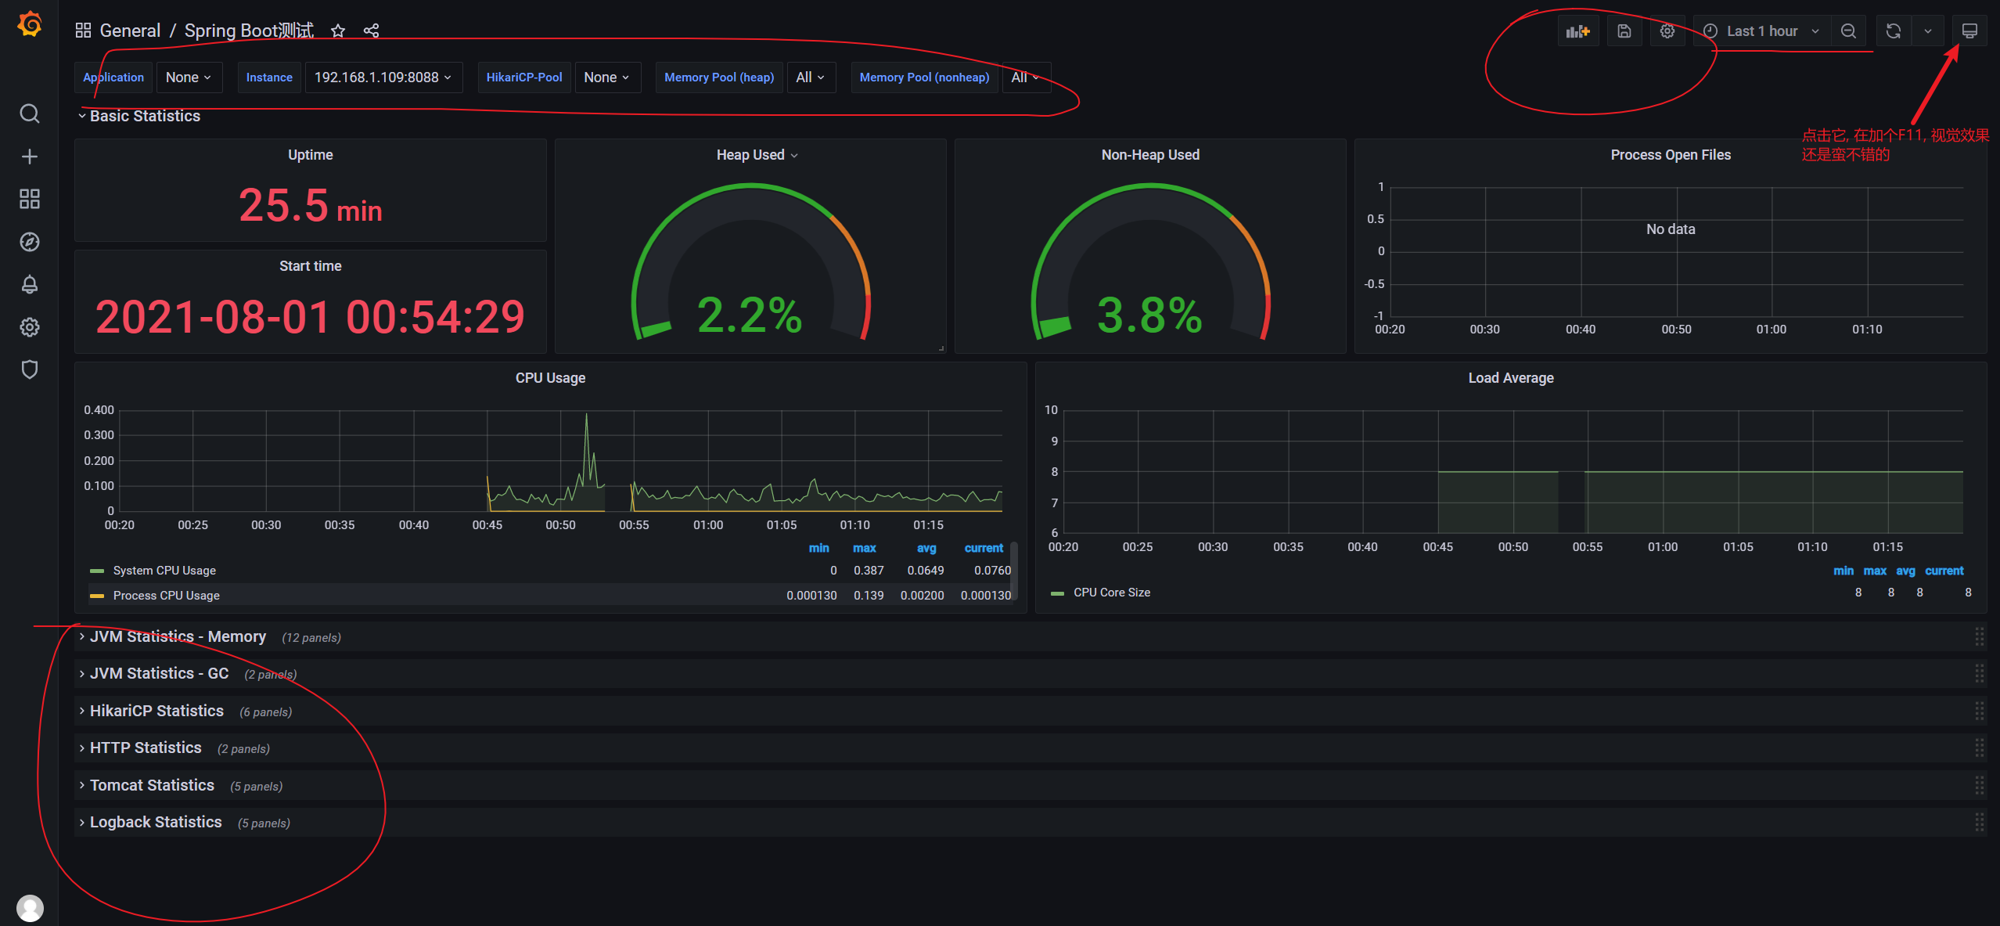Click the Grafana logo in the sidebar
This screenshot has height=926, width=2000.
click(x=30, y=25)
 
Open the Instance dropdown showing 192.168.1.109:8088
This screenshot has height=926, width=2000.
click(x=383, y=77)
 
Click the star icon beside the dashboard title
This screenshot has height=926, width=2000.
click(x=338, y=31)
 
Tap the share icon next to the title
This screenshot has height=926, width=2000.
click(x=372, y=31)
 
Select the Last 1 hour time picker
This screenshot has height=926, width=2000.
click(x=1761, y=31)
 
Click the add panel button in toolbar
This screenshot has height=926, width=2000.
click(x=1577, y=31)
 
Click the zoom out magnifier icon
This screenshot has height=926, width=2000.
click(x=1848, y=31)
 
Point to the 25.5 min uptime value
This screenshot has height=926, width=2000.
click(x=310, y=207)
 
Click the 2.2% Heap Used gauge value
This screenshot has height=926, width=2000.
click(x=750, y=315)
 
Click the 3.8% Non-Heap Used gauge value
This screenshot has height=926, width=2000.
click(x=1149, y=315)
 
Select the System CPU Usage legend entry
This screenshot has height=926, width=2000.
click(x=164, y=571)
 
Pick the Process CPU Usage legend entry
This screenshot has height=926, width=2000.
click(x=166, y=596)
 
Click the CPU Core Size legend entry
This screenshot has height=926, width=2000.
click(x=1111, y=593)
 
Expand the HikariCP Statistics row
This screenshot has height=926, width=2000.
click(x=156, y=711)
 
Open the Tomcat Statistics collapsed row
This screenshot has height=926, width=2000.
click(x=152, y=785)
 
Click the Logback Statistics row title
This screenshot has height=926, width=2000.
click(x=156, y=822)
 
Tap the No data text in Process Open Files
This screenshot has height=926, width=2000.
click(x=1671, y=229)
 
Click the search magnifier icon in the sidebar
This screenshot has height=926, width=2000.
click(x=30, y=113)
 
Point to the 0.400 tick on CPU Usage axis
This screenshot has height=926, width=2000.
click(x=99, y=410)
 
